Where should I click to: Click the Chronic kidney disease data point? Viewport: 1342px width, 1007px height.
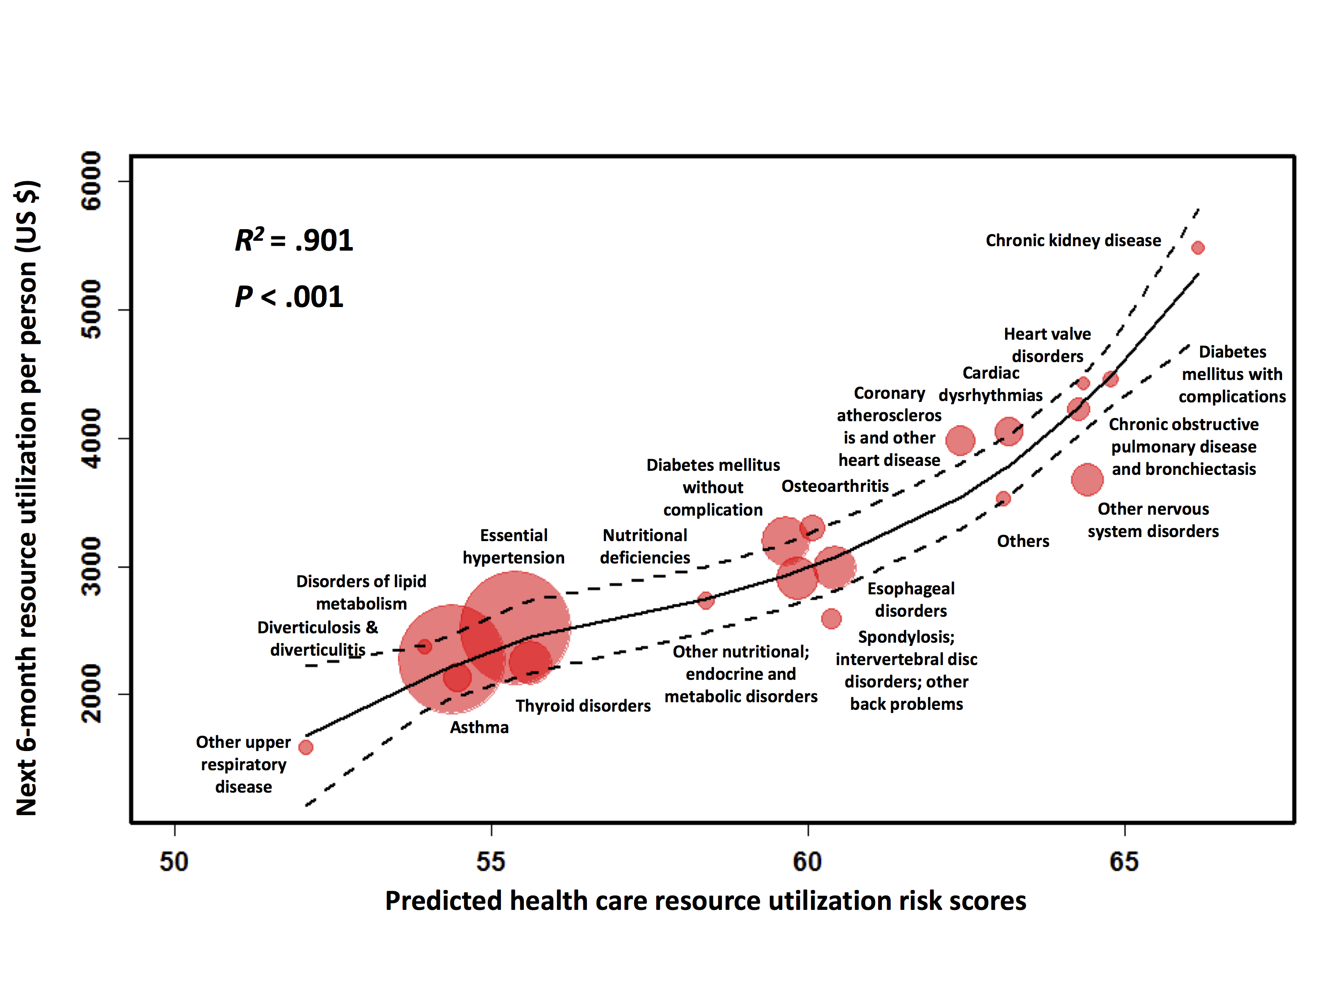pos(1198,247)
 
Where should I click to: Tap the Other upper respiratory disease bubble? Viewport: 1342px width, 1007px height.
pos(306,747)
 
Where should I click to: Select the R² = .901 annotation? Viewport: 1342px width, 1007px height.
pos(293,240)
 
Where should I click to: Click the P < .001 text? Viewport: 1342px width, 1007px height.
pos(289,297)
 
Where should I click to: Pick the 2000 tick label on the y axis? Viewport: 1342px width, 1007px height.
pos(92,694)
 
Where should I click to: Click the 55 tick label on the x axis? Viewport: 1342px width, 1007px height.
pos(491,862)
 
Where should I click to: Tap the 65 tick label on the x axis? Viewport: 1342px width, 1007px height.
pos(1124,862)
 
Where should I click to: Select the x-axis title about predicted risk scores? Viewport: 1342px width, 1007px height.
pos(705,901)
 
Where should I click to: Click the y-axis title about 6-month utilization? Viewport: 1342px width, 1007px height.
pos(27,498)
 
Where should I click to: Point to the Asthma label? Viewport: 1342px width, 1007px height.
pos(479,727)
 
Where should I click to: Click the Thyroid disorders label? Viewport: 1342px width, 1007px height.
pos(583,706)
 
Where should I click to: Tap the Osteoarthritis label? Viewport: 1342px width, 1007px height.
pos(835,486)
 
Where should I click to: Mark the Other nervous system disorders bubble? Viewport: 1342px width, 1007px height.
pos(1087,479)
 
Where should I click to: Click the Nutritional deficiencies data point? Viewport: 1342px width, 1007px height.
pos(705,600)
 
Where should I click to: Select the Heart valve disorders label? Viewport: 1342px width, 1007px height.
pos(1047,345)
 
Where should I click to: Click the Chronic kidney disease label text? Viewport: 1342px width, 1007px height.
pos(1073,240)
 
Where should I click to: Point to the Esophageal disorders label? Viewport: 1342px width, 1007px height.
pos(911,599)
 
